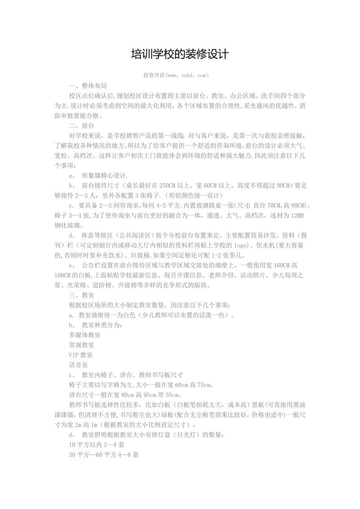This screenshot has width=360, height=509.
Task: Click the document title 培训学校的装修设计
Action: (180, 54)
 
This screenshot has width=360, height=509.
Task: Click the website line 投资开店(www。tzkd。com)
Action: (176, 75)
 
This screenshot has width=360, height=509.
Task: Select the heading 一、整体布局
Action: (88, 86)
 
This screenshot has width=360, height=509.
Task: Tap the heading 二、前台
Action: (81, 126)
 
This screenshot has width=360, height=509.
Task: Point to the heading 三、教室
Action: (81, 295)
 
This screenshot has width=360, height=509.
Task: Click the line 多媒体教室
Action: (85, 335)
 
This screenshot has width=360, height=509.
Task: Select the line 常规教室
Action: (81, 345)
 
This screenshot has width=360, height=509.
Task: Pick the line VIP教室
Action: (81, 355)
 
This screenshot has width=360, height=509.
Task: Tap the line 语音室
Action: (78, 365)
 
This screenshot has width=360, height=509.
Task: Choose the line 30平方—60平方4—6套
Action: (104, 455)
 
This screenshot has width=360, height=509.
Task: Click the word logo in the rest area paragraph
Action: (232, 246)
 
